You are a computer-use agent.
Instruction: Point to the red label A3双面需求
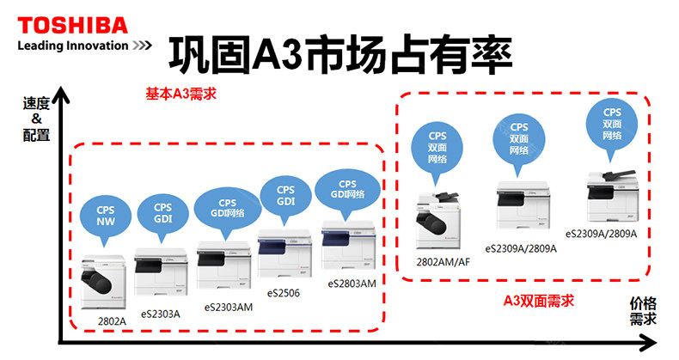coord(538,301)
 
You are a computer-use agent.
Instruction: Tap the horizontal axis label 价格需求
coord(643,311)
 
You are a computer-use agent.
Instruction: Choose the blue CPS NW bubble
coord(106,215)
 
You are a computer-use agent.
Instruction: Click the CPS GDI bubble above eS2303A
coord(162,212)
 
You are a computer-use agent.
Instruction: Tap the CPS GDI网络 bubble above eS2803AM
coord(347,189)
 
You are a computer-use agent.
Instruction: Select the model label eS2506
coord(284,293)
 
